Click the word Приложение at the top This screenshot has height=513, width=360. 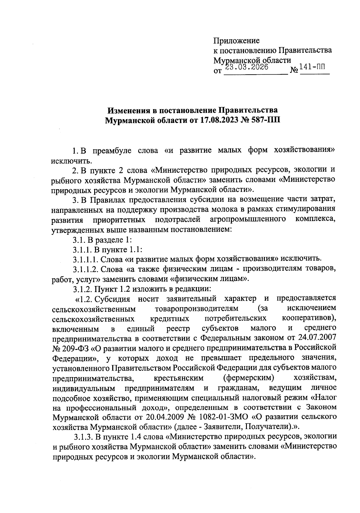[236, 40]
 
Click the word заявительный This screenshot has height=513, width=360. [191, 299]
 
